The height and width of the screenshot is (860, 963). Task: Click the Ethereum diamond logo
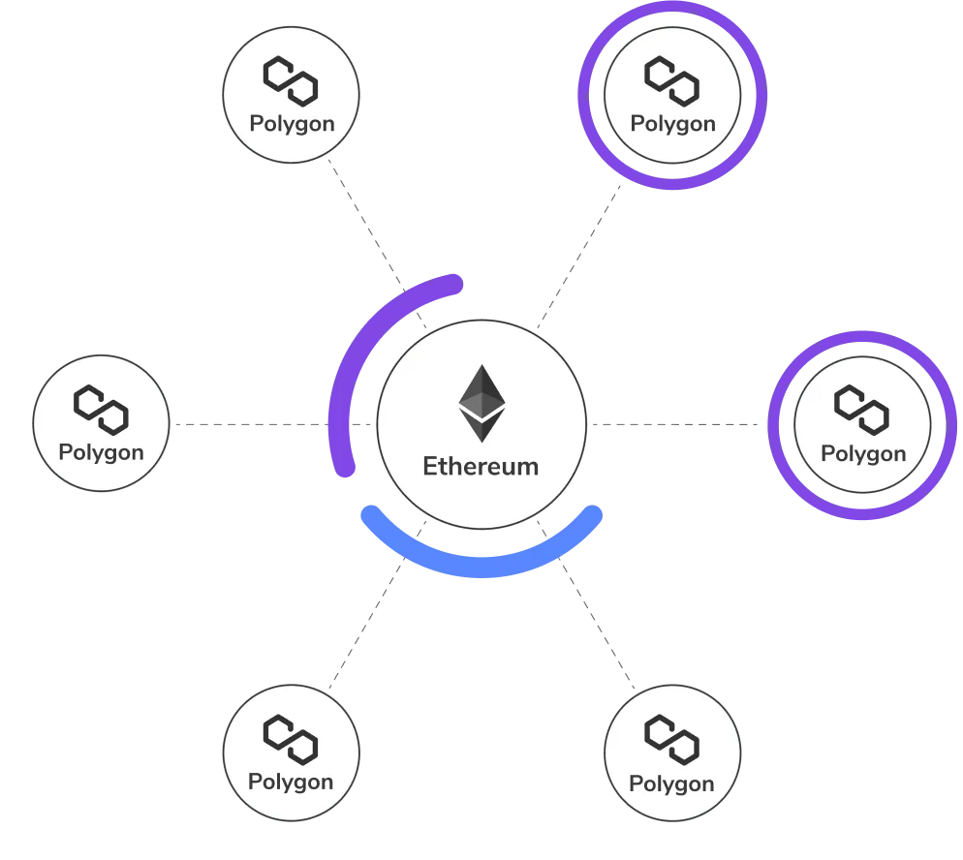click(481, 404)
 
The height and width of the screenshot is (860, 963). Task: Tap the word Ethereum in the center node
click(481, 466)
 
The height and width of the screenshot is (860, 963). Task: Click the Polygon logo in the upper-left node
click(292, 80)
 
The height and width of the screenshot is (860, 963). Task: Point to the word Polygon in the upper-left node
click(292, 124)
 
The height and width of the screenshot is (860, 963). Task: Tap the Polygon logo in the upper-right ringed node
click(672, 80)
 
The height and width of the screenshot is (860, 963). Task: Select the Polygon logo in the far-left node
click(102, 408)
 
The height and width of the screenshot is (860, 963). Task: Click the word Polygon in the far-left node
click(101, 452)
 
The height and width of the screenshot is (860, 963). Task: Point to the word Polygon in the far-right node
click(863, 453)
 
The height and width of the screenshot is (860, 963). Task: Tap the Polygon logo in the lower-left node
click(292, 738)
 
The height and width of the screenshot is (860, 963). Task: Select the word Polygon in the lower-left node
click(291, 782)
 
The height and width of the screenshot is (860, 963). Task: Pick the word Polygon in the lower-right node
click(672, 783)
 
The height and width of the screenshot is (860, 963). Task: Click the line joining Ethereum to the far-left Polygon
click(247, 422)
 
